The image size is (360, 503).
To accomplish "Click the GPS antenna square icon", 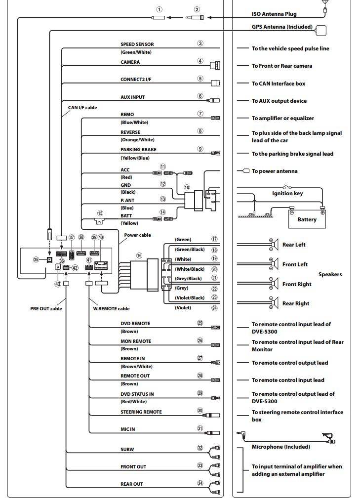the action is [x=321, y=30].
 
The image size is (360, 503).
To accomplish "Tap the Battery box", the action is [x=307, y=219].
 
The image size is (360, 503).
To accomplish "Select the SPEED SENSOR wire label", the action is [x=137, y=44].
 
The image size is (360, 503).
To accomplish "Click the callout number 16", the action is [x=139, y=255].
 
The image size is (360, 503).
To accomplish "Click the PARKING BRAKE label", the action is [x=138, y=150].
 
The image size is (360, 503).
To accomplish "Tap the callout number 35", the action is [x=36, y=259].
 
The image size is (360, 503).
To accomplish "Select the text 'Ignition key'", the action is [x=287, y=193].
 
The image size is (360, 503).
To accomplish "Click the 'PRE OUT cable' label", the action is [x=46, y=309].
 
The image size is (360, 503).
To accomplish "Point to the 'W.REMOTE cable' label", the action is [x=111, y=309].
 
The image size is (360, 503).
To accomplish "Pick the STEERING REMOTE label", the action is [x=141, y=412].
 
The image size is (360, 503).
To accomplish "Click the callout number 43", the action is [x=58, y=284].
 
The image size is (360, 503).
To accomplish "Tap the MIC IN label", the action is [x=127, y=429].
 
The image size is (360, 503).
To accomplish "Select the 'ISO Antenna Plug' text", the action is [x=274, y=14].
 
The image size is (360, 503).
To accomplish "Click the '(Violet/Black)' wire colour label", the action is [x=190, y=297].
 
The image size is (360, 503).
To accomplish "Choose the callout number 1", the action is [x=159, y=9].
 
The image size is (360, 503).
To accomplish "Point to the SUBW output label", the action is [x=127, y=450].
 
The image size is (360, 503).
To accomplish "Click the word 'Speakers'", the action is [x=330, y=274].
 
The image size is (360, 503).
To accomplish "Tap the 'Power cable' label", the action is [x=137, y=235].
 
